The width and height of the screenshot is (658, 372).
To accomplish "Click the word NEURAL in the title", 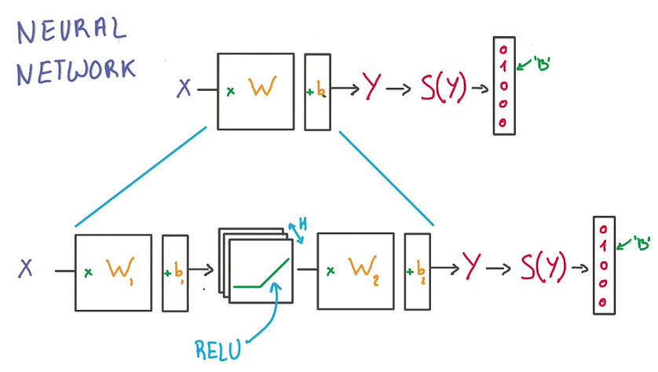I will pyautogui.click(x=71, y=34).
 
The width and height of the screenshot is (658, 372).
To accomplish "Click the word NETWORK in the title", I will pyautogui.click(x=75, y=71).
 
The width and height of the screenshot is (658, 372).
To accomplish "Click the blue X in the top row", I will pyautogui.click(x=184, y=89).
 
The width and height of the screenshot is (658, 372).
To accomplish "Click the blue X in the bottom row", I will pyautogui.click(x=26, y=269).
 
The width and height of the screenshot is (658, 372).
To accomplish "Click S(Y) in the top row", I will pyautogui.click(x=444, y=88).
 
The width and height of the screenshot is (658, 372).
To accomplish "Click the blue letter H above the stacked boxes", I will pyautogui.click(x=302, y=224).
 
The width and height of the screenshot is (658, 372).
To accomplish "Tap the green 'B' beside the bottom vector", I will pyautogui.click(x=644, y=245).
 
